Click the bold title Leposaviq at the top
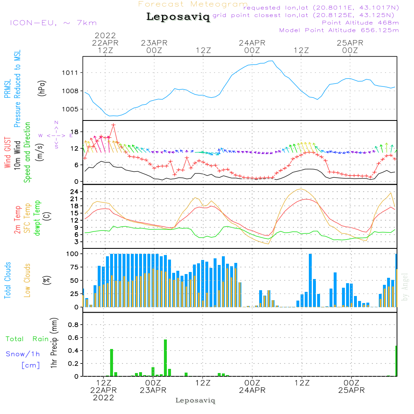[178, 17]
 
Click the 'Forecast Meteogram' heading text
[193, 4]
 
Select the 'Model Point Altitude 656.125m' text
[339, 30]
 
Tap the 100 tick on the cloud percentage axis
[72, 253]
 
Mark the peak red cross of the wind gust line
[113, 125]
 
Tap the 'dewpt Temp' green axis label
[37, 218]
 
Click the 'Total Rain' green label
[27, 339]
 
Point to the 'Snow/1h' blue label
[23, 354]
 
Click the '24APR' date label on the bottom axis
[252, 390]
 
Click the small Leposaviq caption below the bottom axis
[195, 400]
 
